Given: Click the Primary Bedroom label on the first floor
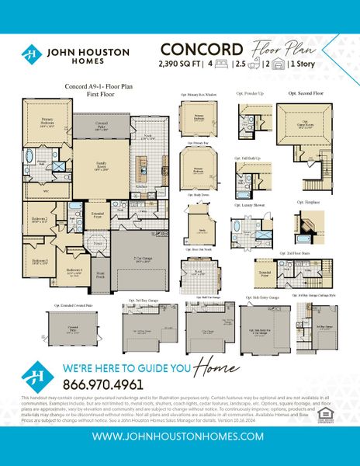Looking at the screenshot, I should click(x=37, y=122).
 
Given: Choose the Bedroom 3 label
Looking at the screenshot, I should click(x=40, y=262).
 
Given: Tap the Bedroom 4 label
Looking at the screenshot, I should click(x=75, y=271).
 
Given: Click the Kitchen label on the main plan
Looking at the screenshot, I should click(x=142, y=187).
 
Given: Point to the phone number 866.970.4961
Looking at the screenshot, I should click(x=93, y=384).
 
